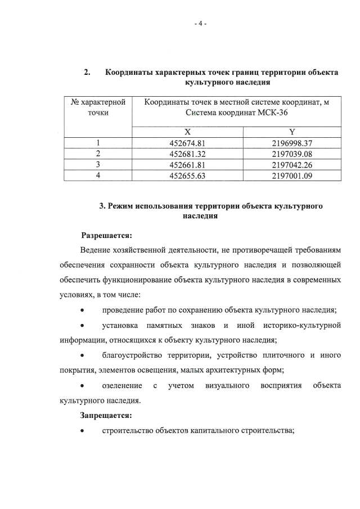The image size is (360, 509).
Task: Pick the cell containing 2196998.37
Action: pyautogui.click(x=292, y=142)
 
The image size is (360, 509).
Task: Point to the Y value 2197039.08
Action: pyautogui.click(x=292, y=153)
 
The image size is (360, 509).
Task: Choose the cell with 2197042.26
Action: pyautogui.click(x=292, y=164)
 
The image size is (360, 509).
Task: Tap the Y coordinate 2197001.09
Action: pyautogui.click(x=292, y=175)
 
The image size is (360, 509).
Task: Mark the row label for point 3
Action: pyautogui.click(x=98, y=164)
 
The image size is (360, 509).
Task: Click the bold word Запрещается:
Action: pyautogui.click(x=106, y=416)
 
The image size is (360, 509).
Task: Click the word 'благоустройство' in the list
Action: pyautogui.click(x=130, y=355)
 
